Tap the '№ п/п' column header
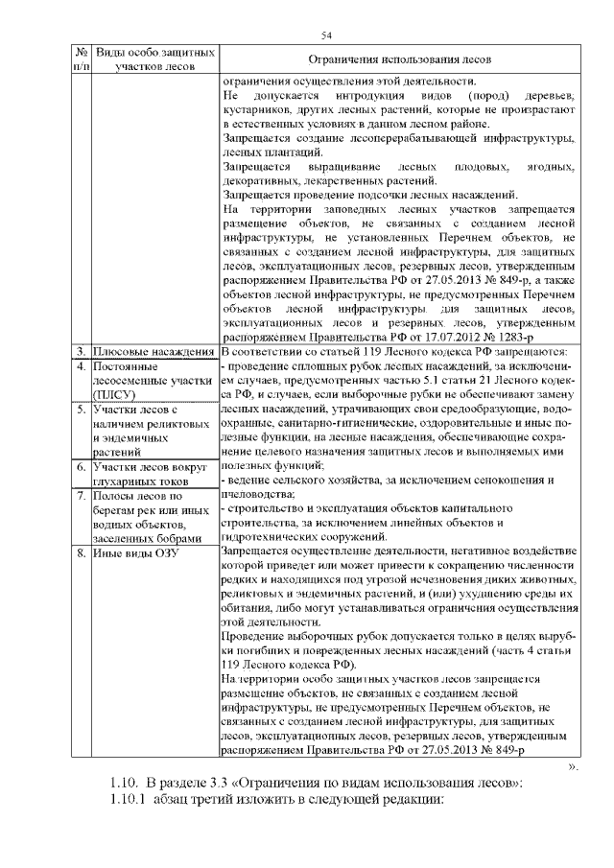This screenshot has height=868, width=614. tap(82, 59)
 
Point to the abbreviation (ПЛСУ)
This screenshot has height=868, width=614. tap(116, 393)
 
